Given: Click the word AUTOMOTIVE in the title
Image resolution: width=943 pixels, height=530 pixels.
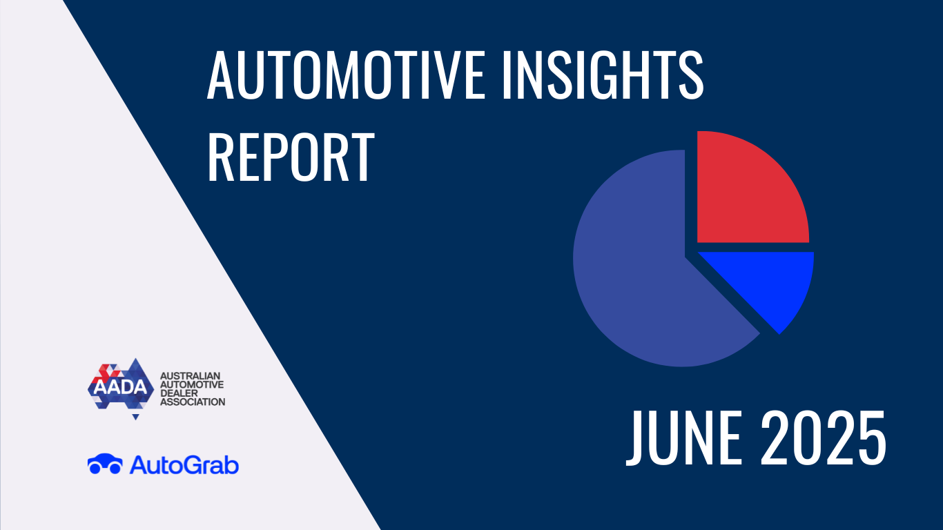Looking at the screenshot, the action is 346,75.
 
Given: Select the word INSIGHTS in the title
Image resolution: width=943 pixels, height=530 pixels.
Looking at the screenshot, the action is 603,75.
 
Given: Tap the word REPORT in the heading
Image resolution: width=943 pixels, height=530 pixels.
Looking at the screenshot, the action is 291,157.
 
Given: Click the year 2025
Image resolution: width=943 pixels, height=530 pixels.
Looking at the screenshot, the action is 823,438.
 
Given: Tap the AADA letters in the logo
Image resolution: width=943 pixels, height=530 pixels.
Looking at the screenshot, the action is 121,387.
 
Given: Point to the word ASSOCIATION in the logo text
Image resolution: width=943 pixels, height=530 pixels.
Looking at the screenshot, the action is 193,402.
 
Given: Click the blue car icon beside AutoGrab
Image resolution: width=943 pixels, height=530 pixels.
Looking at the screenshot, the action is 105,464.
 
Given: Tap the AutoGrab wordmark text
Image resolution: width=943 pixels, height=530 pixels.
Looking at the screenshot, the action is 184,465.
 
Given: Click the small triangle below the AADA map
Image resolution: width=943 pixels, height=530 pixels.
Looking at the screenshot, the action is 135,418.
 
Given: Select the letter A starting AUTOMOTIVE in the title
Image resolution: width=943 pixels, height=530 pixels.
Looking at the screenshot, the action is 220,75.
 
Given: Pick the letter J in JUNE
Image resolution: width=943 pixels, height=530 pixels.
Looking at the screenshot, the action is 634,438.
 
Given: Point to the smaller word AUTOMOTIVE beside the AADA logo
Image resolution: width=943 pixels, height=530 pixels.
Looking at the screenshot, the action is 192,384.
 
